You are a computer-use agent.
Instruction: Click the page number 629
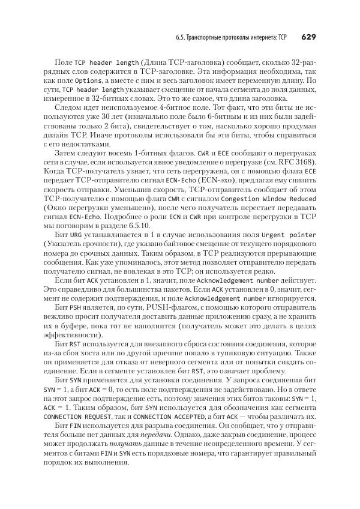(307, 37)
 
